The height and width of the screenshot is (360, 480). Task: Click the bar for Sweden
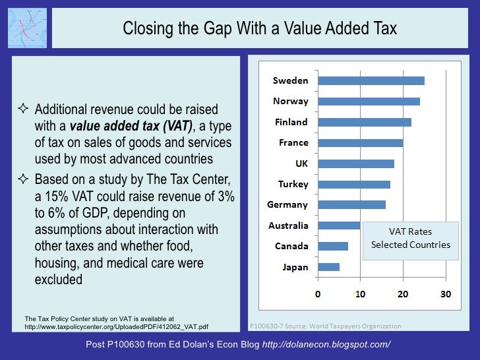tap(371, 80)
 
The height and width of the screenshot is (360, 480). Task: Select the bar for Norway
tap(369, 102)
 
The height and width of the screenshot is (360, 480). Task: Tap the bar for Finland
tap(365, 122)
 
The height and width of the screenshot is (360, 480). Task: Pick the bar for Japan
tap(328, 267)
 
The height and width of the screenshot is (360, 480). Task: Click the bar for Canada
tap(333, 246)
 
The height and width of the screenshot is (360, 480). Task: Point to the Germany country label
tap(287, 205)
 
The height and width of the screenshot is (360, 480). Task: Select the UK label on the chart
tap(301, 164)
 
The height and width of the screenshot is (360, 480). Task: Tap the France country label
tap(293, 142)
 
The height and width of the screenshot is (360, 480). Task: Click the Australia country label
tap(288, 225)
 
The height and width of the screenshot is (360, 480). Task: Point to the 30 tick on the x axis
tap(446, 294)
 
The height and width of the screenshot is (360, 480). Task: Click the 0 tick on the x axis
tap(318, 294)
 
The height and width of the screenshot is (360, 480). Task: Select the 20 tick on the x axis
tap(403, 294)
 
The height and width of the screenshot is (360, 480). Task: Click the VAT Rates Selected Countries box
tap(410, 238)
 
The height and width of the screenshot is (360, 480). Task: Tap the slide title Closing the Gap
tap(260, 28)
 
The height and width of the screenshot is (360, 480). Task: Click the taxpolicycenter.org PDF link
tap(116, 326)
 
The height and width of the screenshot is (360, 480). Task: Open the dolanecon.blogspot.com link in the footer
tap(326, 345)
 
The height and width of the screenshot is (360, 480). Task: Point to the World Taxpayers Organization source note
tap(324, 326)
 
